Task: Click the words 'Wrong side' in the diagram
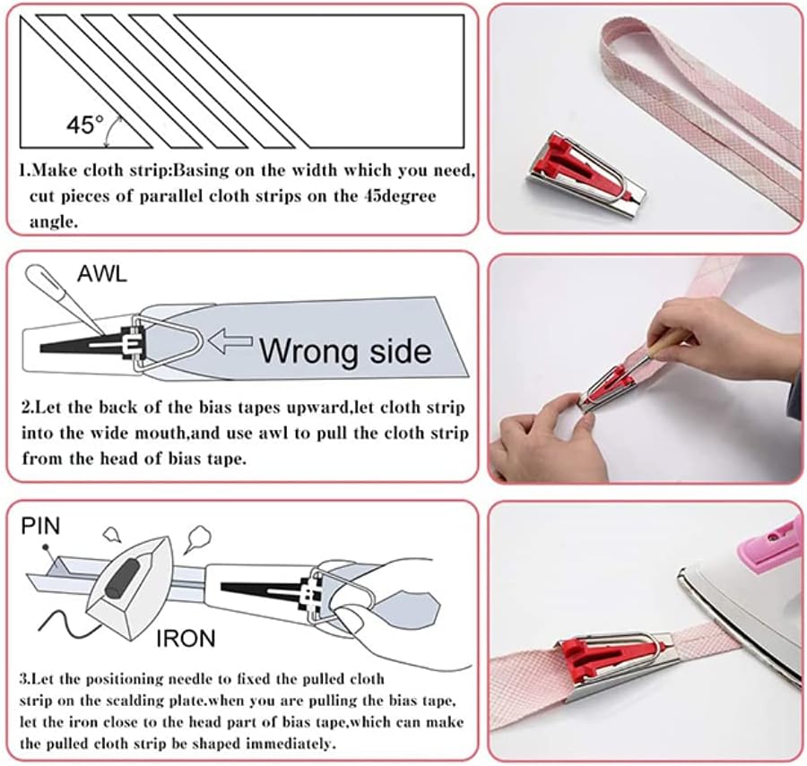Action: pos(345,349)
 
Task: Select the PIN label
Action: pos(39,525)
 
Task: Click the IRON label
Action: pos(187,639)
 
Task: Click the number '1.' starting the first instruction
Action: pos(25,169)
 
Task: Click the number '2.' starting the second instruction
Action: pos(27,408)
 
